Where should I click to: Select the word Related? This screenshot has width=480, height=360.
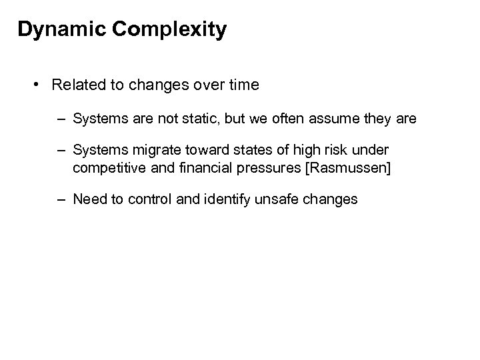click(77, 85)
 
